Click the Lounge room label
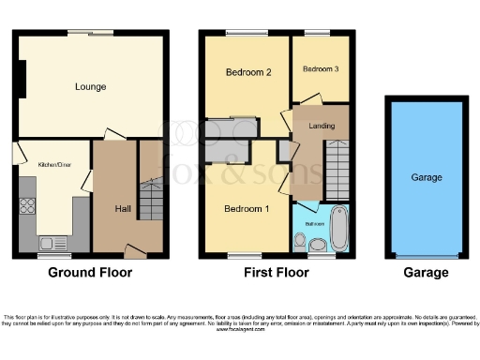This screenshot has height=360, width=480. coord(91,87)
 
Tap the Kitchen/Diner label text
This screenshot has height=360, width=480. coord(53,165)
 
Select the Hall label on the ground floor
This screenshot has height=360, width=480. coord(123,209)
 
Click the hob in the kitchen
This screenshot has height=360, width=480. coord(28,208)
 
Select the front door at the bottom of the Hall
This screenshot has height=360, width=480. coord(137,251)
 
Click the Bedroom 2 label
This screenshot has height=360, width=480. coord(248,72)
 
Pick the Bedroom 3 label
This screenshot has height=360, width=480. coord(320,69)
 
